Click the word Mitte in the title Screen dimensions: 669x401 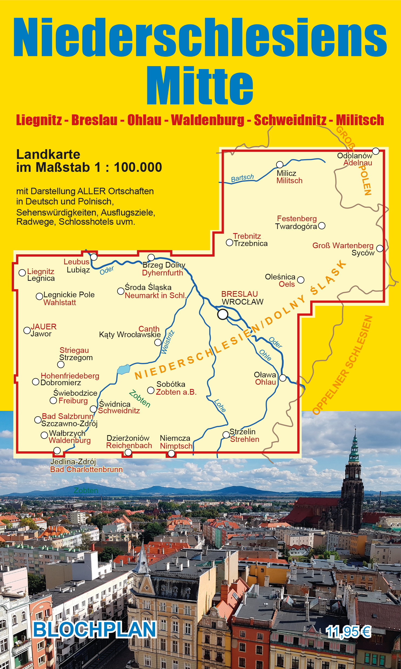200,86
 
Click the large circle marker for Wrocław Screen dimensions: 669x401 223,314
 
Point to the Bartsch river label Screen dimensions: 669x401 242,178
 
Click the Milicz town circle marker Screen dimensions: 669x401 280,165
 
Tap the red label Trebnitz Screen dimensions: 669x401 247,236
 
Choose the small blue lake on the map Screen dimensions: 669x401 124,369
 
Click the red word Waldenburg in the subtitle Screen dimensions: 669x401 208,120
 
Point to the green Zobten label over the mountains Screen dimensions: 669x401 86,490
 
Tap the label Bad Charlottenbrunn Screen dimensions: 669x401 86,470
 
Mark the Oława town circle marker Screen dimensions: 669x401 283,378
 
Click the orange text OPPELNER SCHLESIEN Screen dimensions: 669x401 343,366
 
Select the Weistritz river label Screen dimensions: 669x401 168,342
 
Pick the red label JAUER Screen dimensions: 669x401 44,327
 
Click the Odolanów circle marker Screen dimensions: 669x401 376,151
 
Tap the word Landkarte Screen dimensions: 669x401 48,155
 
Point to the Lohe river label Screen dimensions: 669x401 220,406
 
